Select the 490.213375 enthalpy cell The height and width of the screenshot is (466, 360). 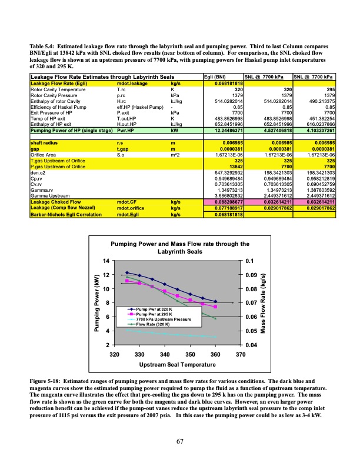click(x=319, y=101)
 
